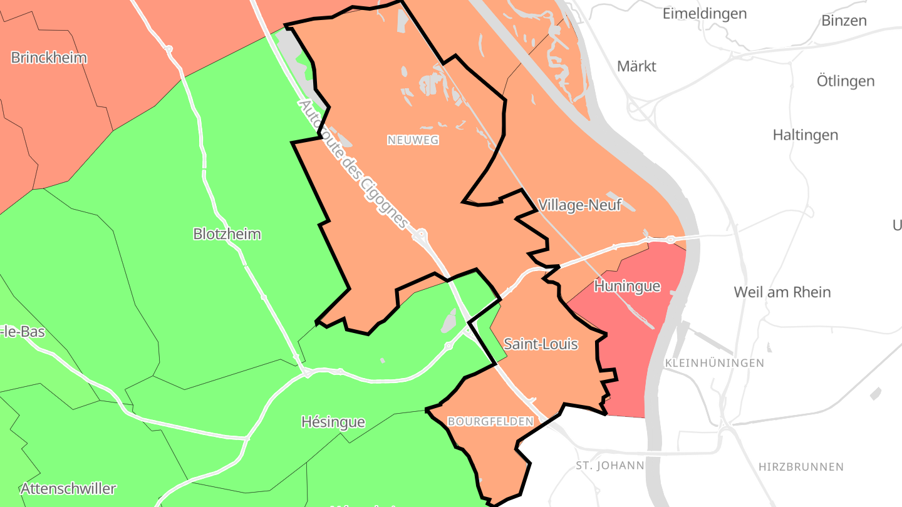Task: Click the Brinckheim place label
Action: (49, 58)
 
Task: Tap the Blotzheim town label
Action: (227, 234)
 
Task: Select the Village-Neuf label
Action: (579, 205)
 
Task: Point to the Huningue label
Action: (627, 287)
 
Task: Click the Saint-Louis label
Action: (541, 344)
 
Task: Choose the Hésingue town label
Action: (333, 422)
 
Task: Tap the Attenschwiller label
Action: (68, 488)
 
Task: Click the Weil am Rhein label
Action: (782, 292)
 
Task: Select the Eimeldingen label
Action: (705, 13)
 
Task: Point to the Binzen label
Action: (844, 20)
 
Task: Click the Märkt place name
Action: (636, 66)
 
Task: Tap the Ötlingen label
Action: (846, 81)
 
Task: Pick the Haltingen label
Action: (805, 135)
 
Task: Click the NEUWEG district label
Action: (413, 140)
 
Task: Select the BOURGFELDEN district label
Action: (490, 421)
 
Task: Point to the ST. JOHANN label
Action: (609, 465)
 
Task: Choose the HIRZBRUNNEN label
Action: (801, 467)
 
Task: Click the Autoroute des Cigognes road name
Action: (354, 165)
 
